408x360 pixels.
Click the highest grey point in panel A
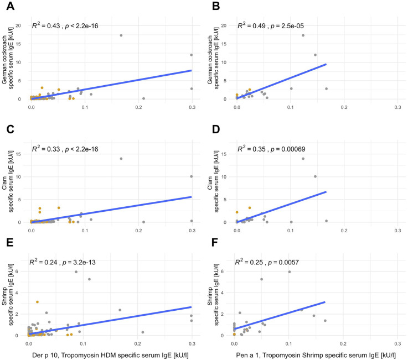tap(121, 35)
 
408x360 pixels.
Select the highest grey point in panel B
tap(303, 35)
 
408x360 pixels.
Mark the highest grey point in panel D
tap(303, 159)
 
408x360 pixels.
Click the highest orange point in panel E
tap(37, 302)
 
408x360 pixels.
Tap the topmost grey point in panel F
tap(289, 272)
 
